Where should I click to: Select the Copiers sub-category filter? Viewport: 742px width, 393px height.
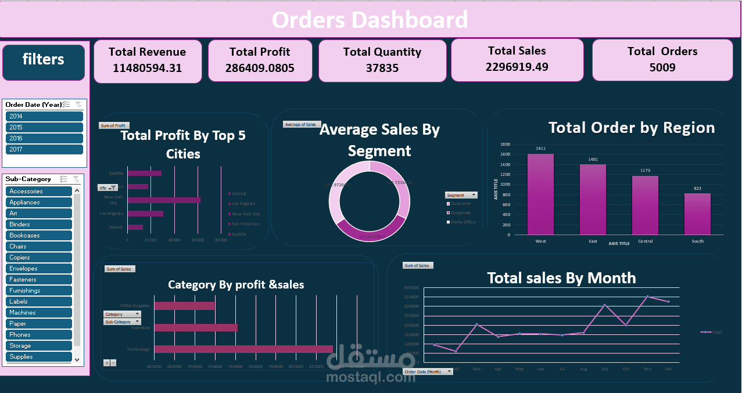tap(38, 257)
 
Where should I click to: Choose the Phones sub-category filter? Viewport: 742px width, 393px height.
tap(38, 334)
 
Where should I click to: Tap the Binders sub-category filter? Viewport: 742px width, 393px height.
tap(38, 224)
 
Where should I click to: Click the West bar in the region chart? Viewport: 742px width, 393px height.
tap(540, 194)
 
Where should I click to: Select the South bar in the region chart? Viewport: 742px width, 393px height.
tap(697, 214)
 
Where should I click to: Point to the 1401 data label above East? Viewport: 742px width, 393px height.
tap(593, 159)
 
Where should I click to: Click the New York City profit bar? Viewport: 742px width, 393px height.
tap(164, 200)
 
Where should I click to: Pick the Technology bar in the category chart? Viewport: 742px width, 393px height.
tap(243, 349)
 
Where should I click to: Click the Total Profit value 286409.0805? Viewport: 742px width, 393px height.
tap(260, 68)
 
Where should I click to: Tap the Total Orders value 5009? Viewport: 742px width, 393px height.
tap(662, 67)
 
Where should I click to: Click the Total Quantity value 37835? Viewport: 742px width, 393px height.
tap(382, 68)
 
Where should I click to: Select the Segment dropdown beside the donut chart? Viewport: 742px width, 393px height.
tap(461, 195)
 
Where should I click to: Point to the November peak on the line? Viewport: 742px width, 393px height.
tap(647, 297)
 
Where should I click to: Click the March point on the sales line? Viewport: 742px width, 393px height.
tap(477, 325)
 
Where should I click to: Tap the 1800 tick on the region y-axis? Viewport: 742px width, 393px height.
tap(505, 145)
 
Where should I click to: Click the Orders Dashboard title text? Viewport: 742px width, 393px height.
tap(370, 20)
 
